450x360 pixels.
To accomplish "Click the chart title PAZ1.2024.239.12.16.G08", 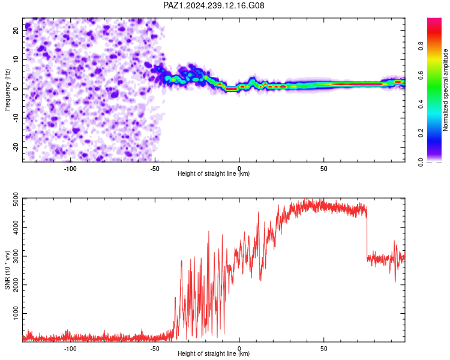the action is [214, 5].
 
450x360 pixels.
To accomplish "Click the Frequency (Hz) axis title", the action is [7, 89].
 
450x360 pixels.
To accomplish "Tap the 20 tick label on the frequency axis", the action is [16, 30].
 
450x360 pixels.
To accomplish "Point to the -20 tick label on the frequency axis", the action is [16, 147].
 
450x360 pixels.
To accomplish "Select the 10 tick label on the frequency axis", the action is [16, 59].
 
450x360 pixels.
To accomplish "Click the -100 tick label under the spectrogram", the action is [70, 169].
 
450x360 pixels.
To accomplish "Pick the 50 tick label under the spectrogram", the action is [324, 169].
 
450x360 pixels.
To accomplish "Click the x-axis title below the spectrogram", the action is [214, 173].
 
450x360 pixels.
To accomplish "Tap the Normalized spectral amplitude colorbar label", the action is [445, 89].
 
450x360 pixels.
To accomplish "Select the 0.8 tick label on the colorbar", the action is [421, 46].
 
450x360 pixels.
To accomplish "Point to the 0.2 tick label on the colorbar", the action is [421, 133].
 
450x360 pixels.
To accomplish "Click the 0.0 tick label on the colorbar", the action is [421, 162].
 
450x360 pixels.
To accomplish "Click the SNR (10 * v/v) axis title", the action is [7, 270].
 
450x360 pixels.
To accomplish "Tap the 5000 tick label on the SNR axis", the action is [16, 199].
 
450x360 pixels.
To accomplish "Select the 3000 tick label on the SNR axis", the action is [16, 256].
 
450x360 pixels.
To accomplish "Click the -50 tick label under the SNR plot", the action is [155, 349].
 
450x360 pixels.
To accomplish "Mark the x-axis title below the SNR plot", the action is [214, 353].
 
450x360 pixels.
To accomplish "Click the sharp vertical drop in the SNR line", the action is [367, 233].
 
